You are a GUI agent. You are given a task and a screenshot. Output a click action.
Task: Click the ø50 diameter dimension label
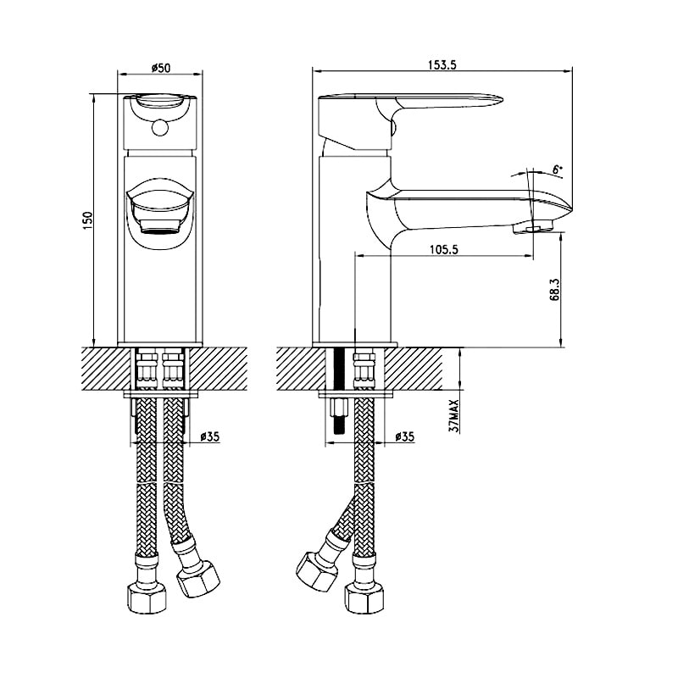point(161,68)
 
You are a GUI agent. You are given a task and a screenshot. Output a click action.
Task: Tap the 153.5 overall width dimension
point(442,65)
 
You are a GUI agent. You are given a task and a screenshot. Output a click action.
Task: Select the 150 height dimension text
point(88,220)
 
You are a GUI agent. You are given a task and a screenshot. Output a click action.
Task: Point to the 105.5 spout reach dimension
point(443,249)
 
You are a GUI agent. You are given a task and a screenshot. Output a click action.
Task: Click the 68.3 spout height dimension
point(555,289)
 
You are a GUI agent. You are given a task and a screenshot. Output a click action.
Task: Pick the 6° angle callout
point(559,169)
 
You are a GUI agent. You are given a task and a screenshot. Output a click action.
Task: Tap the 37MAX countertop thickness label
point(453,416)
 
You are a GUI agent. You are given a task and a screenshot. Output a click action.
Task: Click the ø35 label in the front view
point(210,436)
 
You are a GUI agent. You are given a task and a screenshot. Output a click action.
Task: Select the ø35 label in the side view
point(405,436)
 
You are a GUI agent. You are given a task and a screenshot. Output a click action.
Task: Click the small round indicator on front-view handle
point(160,127)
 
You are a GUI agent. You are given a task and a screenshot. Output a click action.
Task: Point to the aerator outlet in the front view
point(159,226)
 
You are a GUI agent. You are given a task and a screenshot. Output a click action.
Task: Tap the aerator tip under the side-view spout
point(534,227)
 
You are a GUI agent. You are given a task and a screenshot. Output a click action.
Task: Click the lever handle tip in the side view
point(497,99)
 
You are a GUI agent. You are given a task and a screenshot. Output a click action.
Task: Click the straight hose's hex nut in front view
point(147,597)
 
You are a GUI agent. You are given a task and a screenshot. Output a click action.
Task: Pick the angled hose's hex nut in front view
point(198,579)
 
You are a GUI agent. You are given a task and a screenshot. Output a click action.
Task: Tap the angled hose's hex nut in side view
point(317,570)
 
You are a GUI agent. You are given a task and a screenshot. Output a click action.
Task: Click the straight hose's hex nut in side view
point(364,598)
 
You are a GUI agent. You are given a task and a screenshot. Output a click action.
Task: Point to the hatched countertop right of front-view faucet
point(218,369)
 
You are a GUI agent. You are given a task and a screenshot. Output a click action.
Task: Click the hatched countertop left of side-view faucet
point(301,369)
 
